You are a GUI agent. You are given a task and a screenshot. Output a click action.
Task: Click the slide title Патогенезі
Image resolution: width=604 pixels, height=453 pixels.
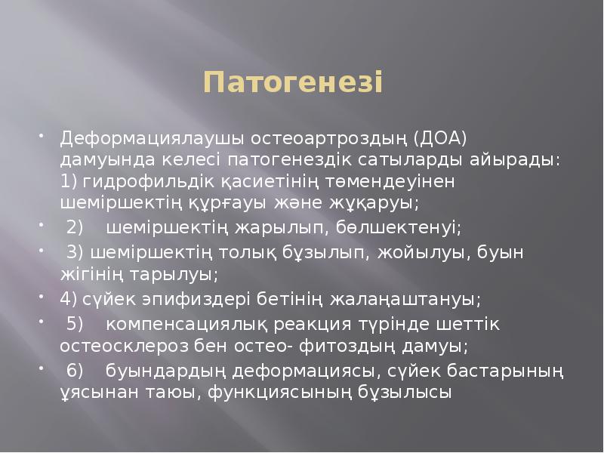(x=294, y=82)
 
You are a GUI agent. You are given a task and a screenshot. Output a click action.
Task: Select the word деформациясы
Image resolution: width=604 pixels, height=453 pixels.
(x=300, y=371)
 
